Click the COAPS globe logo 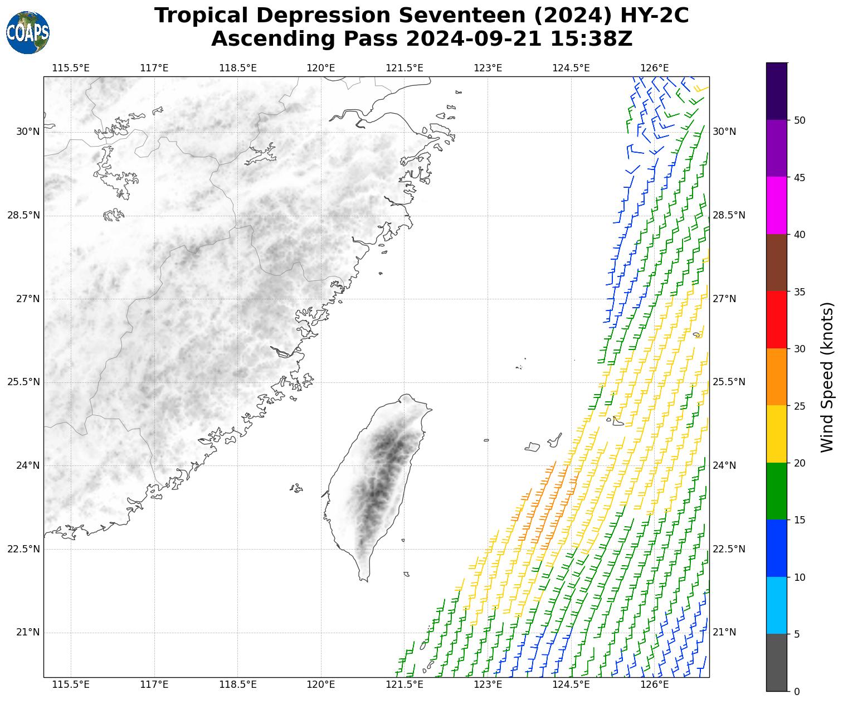[28, 33]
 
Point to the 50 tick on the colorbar [800, 120]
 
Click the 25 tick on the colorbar [800, 406]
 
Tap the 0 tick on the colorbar [796, 691]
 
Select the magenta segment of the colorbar [776, 206]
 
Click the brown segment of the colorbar [776, 263]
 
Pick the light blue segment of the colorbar [776, 605]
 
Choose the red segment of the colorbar [776, 320]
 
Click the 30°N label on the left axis [28, 132]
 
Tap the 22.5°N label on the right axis [729, 549]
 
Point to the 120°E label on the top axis [321, 68]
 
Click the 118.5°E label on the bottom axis [238, 684]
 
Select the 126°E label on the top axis [655, 68]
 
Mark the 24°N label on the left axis [28, 465]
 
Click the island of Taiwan [376, 485]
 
